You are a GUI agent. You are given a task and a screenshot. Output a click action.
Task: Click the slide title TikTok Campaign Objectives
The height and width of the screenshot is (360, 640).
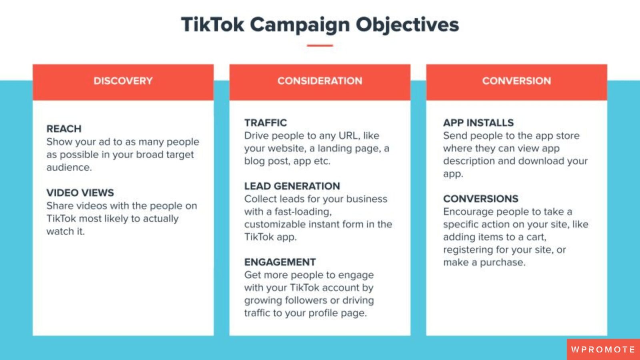(x=320, y=24)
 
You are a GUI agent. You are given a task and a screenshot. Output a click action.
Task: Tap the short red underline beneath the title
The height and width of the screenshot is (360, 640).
(x=320, y=46)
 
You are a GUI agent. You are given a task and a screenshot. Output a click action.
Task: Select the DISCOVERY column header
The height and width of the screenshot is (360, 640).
(x=123, y=81)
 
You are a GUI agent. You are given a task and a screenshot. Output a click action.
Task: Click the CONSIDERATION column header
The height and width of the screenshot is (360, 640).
(x=320, y=81)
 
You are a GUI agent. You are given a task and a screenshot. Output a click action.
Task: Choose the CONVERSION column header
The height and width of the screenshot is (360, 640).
(x=516, y=81)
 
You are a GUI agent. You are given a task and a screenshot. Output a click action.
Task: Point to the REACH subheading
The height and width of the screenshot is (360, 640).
(x=64, y=129)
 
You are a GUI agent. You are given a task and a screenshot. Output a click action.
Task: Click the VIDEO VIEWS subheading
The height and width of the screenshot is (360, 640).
(x=80, y=193)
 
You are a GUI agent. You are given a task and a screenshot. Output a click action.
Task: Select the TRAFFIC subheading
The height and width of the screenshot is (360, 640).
(x=266, y=123)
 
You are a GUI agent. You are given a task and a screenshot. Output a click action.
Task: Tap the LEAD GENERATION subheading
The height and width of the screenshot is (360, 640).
(x=292, y=186)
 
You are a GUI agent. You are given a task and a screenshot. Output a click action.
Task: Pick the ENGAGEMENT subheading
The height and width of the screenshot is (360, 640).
(x=280, y=262)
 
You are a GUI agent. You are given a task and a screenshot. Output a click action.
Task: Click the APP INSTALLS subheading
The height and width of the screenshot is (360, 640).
(x=478, y=123)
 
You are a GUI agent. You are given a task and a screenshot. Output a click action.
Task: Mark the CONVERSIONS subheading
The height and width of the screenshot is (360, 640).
(x=481, y=199)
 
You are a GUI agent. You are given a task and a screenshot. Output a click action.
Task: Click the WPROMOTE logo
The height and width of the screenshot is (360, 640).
(x=603, y=350)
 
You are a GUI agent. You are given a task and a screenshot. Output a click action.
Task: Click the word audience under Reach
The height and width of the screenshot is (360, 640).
(x=68, y=167)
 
